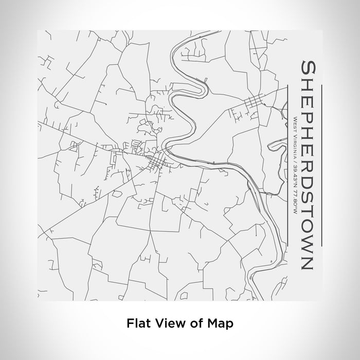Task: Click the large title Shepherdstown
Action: (x=307, y=164)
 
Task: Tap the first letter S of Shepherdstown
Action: (x=307, y=68)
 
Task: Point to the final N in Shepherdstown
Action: (x=307, y=262)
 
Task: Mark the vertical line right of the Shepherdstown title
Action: (x=321, y=164)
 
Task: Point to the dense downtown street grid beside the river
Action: (x=156, y=163)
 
